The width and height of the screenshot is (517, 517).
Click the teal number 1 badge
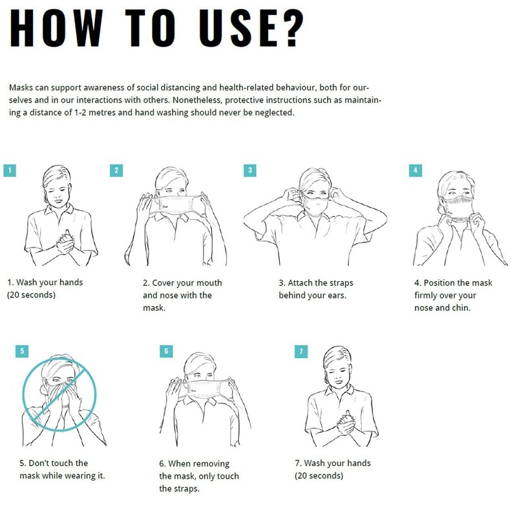pyautogui.click(x=10, y=171)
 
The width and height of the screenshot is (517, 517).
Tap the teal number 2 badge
pyautogui.click(x=116, y=171)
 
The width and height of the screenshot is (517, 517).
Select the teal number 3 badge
pyautogui.click(x=250, y=171)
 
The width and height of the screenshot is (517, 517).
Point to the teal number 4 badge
pyautogui.click(x=416, y=171)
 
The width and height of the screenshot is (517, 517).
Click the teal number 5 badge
pyautogui.click(x=22, y=351)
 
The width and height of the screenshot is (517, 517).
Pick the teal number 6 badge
pyautogui.click(x=166, y=351)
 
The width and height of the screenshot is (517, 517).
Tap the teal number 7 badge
pyautogui.click(x=301, y=352)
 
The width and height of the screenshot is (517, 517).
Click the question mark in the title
pyautogui.click(x=290, y=28)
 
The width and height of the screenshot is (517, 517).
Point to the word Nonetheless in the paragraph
pyautogui.click(x=197, y=100)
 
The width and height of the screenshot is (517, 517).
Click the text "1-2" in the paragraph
pyautogui.click(x=80, y=112)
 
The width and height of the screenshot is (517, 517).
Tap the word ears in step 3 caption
pyautogui.click(x=337, y=296)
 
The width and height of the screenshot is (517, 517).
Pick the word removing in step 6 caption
pyautogui.click(x=212, y=464)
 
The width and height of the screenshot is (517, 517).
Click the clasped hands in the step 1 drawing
pyautogui.click(x=66, y=243)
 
